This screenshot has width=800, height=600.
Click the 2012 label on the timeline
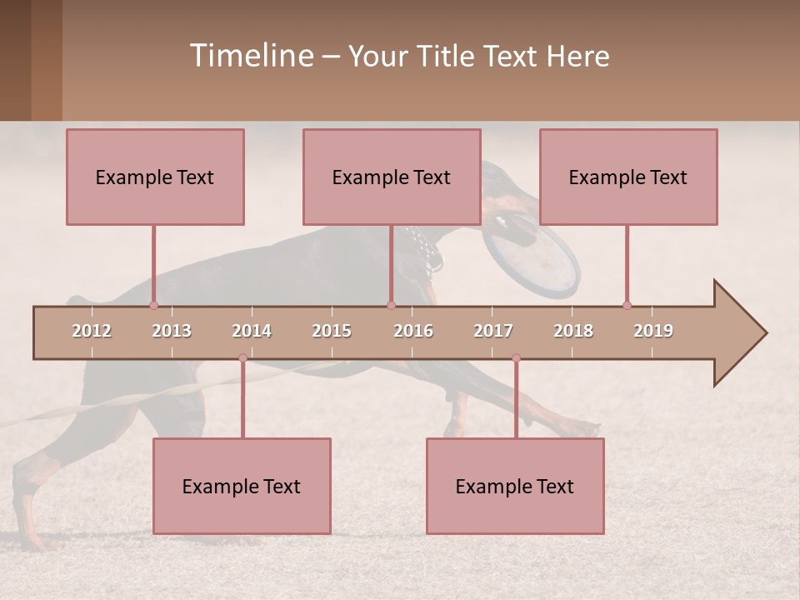pos(92,331)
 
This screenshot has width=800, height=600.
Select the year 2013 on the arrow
pos(172,331)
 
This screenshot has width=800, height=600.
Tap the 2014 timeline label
pos(252,331)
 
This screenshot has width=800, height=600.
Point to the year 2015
pos(332,331)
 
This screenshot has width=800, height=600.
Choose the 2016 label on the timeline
pos(413,331)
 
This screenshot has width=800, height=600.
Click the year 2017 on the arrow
pos(493,331)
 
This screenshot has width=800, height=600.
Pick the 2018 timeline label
pos(573,331)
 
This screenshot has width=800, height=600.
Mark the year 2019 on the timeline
pos(653,331)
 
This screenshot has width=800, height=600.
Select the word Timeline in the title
pos(251,56)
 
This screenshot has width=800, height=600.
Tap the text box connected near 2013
pos(155,177)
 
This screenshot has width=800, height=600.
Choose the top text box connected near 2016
pos(392,177)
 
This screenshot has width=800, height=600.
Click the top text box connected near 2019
pos(628,177)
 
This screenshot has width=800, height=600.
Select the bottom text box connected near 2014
pos(242,486)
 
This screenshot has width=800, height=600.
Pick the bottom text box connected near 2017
pos(515,486)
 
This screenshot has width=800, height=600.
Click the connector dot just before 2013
pos(153,305)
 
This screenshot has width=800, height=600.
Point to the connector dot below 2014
pos(242,357)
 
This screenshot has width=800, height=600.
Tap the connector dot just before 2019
pos(627,305)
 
